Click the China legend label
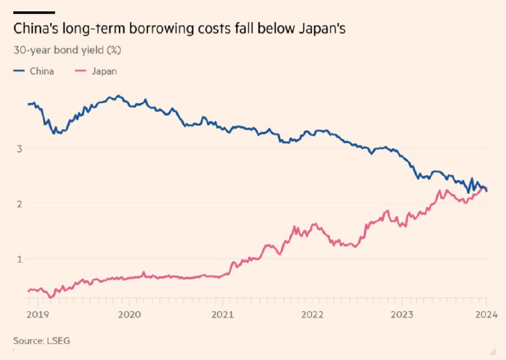point(42,71)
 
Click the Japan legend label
point(104,71)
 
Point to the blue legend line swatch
point(19,71)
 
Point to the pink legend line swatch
point(80,71)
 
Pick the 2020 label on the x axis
point(129,314)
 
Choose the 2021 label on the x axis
point(221,314)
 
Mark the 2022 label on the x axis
point(312,314)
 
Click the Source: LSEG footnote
point(42,340)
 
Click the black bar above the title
point(34,12)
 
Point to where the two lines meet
point(484,188)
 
